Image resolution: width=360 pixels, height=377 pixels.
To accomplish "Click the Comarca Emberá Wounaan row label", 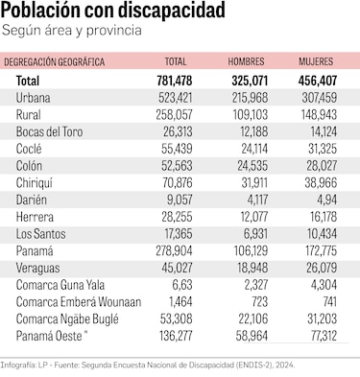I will click(x=78, y=301).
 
